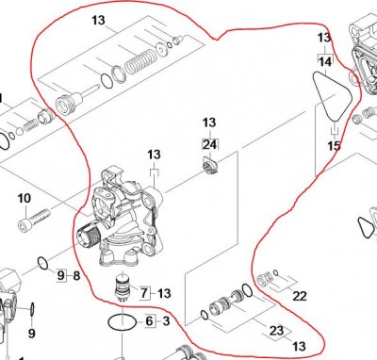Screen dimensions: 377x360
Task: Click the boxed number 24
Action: click(x=210, y=145)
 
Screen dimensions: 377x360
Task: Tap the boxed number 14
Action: click(x=325, y=61)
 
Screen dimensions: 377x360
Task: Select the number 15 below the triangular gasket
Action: click(x=334, y=146)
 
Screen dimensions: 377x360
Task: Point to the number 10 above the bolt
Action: click(x=25, y=198)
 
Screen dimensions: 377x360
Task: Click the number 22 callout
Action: click(x=300, y=296)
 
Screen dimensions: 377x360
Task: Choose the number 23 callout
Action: click(x=276, y=330)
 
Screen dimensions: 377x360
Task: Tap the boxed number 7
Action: click(x=144, y=293)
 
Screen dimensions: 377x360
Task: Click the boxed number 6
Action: click(x=150, y=321)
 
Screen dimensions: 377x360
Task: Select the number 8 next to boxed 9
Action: click(x=76, y=276)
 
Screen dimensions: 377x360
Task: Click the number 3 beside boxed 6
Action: click(x=166, y=321)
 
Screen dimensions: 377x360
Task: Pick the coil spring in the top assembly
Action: click(x=139, y=61)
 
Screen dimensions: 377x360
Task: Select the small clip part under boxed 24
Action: click(x=209, y=165)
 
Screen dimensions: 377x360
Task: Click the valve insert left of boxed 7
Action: click(x=123, y=288)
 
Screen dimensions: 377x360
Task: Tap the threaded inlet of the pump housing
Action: click(x=89, y=236)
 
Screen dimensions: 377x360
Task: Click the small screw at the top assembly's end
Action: click(x=178, y=40)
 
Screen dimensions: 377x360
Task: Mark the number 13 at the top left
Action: click(x=98, y=21)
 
